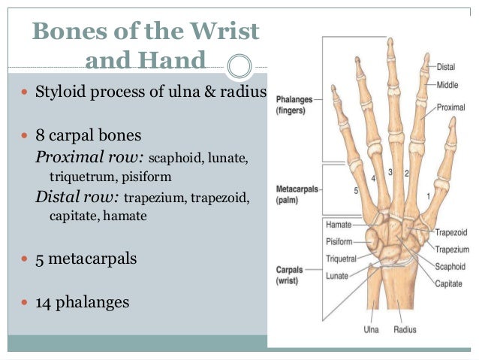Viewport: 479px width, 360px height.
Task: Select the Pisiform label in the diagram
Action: (x=339, y=241)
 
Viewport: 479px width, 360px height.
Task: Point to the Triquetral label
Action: (x=341, y=259)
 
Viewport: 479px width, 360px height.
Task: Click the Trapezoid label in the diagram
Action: (x=452, y=233)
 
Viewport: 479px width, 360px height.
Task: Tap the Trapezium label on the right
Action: (x=452, y=250)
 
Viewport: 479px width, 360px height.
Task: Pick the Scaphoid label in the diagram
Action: (x=450, y=267)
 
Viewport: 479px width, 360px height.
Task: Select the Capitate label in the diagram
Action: (x=450, y=283)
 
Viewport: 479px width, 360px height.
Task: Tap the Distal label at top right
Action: (x=445, y=67)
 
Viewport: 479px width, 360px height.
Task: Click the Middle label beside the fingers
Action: (x=447, y=85)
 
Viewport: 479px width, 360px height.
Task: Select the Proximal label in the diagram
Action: (x=450, y=107)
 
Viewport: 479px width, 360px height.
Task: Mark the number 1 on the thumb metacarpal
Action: (x=427, y=196)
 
